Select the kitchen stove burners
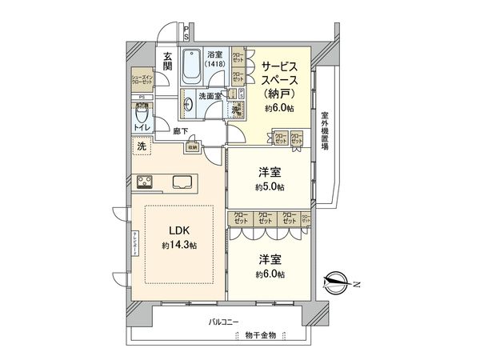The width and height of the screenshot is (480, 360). point(146,180)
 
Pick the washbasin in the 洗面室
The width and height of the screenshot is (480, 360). point(186,102)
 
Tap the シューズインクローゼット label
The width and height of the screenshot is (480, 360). point(143,80)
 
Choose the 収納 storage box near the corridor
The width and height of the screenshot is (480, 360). point(192,146)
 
